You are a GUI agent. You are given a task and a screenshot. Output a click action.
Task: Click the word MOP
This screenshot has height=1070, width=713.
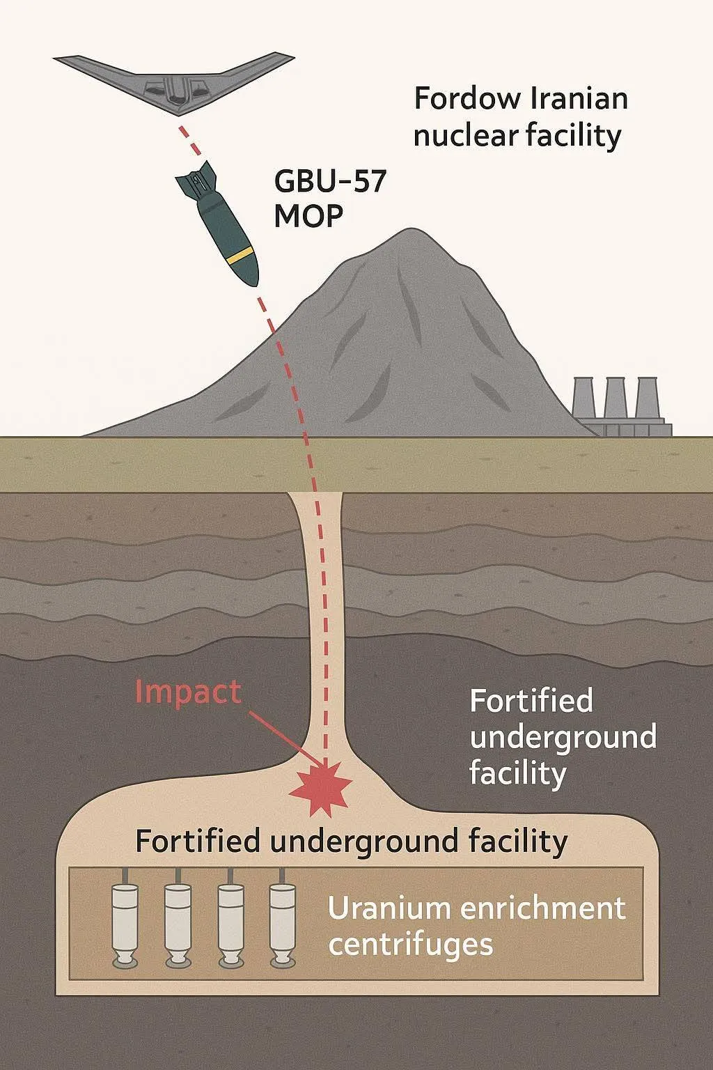(308, 217)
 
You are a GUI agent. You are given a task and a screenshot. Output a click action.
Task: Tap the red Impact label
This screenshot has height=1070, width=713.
(188, 692)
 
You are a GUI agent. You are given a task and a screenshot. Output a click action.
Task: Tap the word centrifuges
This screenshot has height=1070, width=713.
(411, 945)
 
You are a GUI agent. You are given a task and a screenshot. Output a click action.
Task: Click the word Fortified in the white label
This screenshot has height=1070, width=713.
(531, 700)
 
